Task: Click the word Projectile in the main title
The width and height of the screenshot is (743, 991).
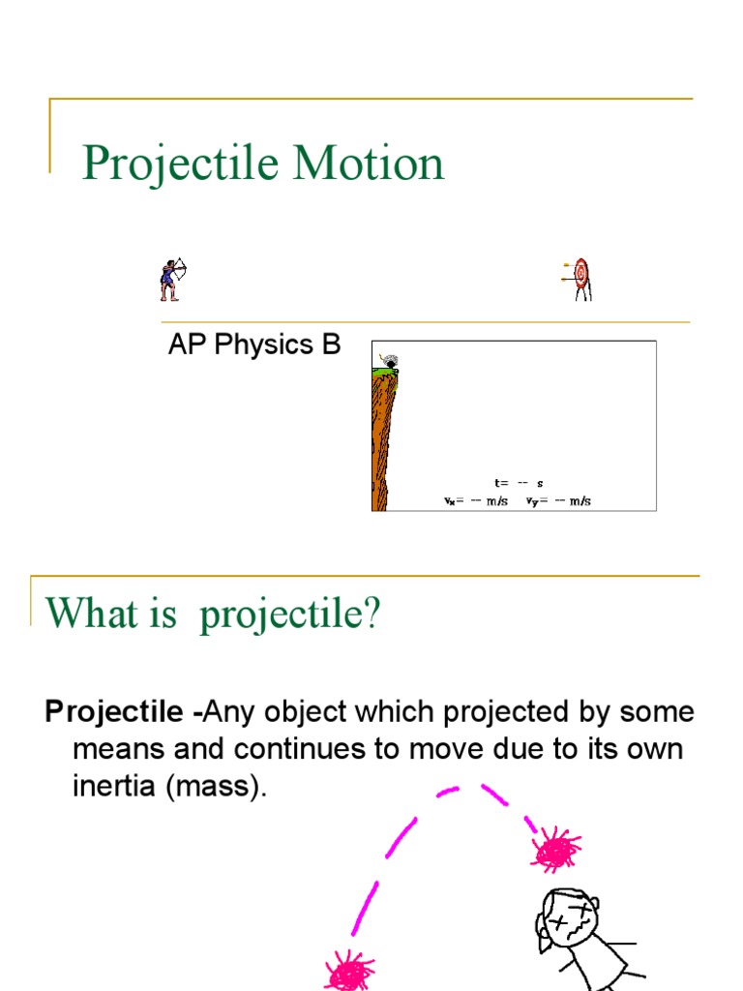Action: [x=181, y=163]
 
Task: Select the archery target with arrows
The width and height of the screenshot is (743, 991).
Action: [x=579, y=279]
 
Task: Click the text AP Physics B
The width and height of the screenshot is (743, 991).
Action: [x=254, y=345]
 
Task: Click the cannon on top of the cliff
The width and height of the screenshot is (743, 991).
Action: [x=389, y=360]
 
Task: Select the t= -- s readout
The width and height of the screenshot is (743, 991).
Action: [x=519, y=483]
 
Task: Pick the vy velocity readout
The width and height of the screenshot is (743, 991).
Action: [x=558, y=501]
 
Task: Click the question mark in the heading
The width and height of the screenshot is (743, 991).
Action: [x=373, y=614]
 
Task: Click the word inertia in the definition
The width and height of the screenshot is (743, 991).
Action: [x=114, y=786]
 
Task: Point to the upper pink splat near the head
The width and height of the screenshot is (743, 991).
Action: [x=555, y=850]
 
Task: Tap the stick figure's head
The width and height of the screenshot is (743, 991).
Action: [x=566, y=916]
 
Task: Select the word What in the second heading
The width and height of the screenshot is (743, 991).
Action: [x=90, y=614]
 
